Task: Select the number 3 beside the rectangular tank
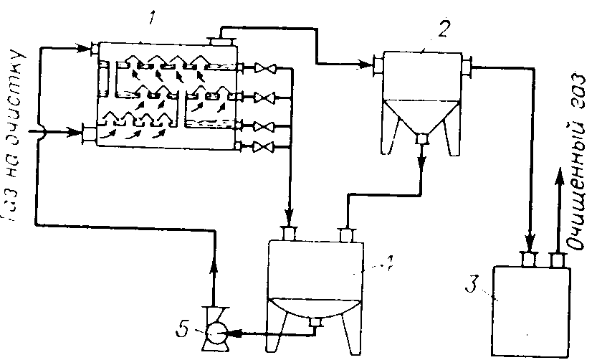click(470, 283)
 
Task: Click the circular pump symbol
click(214, 333)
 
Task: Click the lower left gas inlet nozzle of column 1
click(89, 132)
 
